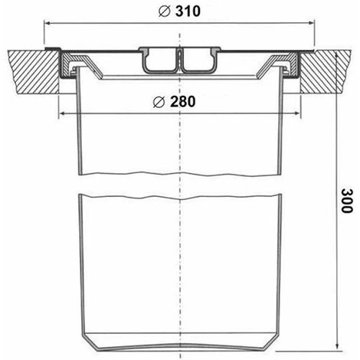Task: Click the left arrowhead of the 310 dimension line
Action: point(47,24)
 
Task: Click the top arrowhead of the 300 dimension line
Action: point(336,55)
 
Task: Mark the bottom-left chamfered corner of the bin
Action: point(86,337)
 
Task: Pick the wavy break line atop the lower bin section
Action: point(179,196)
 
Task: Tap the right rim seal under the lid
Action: point(290,69)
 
